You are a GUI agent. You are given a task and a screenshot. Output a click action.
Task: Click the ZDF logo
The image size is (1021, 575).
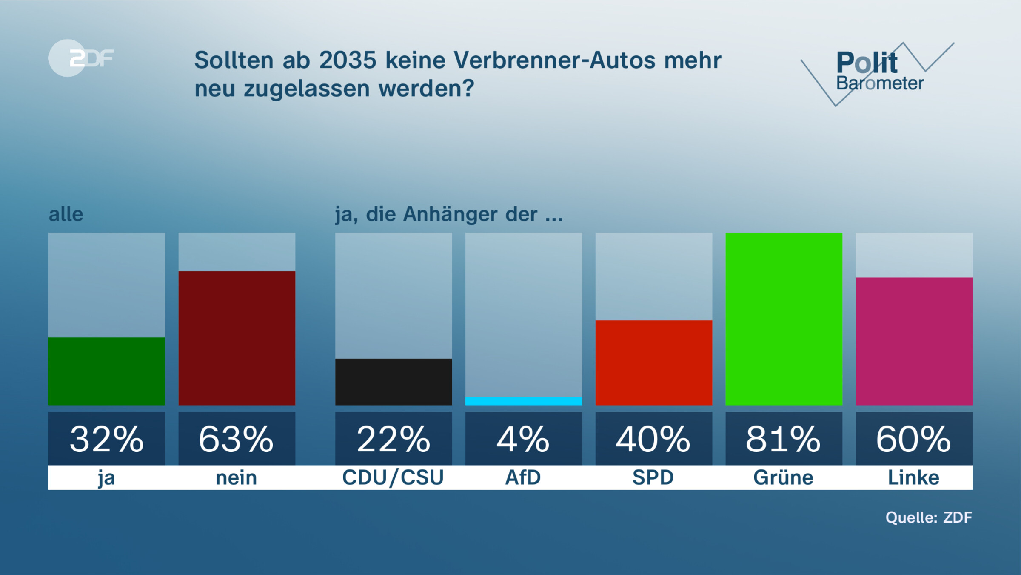point(81,58)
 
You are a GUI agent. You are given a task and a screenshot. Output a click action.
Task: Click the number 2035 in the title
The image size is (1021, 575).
point(348,60)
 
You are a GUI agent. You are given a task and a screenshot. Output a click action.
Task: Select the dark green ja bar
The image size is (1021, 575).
point(107,371)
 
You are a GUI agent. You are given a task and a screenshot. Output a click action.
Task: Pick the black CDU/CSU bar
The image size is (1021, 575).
point(394,382)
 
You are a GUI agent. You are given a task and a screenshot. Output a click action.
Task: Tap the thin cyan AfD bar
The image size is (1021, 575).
point(524,401)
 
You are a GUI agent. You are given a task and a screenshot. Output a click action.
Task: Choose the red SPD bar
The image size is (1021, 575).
point(653,362)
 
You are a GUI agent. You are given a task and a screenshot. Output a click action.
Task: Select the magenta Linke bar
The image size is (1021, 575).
point(914,341)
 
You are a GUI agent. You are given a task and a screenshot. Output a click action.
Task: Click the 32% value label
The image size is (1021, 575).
point(107,439)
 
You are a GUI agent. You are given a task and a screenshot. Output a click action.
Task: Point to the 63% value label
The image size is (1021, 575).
point(237,439)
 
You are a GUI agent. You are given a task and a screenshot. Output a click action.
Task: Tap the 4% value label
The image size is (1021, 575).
point(524,439)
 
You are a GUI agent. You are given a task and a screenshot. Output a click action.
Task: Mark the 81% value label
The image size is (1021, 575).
point(784,439)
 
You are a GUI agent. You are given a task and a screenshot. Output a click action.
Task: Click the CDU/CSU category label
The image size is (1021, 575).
point(393,477)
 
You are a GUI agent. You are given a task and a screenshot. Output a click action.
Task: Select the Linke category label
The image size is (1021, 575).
point(914,477)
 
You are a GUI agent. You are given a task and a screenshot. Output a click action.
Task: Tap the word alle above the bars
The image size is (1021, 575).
point(66,214)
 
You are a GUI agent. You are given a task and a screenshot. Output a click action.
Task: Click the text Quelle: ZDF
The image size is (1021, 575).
point(929,517)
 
